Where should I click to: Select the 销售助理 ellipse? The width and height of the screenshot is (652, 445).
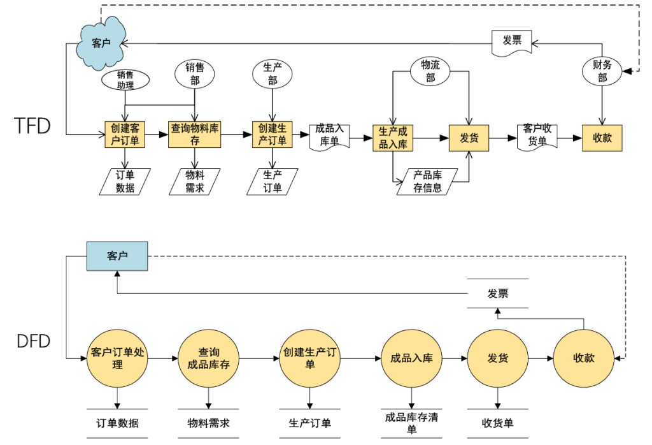tap(125, 80)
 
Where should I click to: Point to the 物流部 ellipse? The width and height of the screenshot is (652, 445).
tap(430, 71)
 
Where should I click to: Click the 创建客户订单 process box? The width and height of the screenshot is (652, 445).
tap(125, 135)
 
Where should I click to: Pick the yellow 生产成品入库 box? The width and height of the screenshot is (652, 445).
tap(393, 138)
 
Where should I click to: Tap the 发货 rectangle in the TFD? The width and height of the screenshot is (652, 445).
tap(469, 138)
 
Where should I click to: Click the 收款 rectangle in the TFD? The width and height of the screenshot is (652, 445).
tap(602, 138)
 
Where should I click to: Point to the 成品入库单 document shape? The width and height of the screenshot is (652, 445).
tap(329, 136)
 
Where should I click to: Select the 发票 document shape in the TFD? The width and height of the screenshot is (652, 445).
tap(512, 41)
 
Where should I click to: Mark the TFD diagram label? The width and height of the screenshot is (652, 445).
tap(32, 125)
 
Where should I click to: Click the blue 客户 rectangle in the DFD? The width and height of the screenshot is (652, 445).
tap(117, 256)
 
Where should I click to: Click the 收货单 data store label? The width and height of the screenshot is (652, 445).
tap(497, 423)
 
